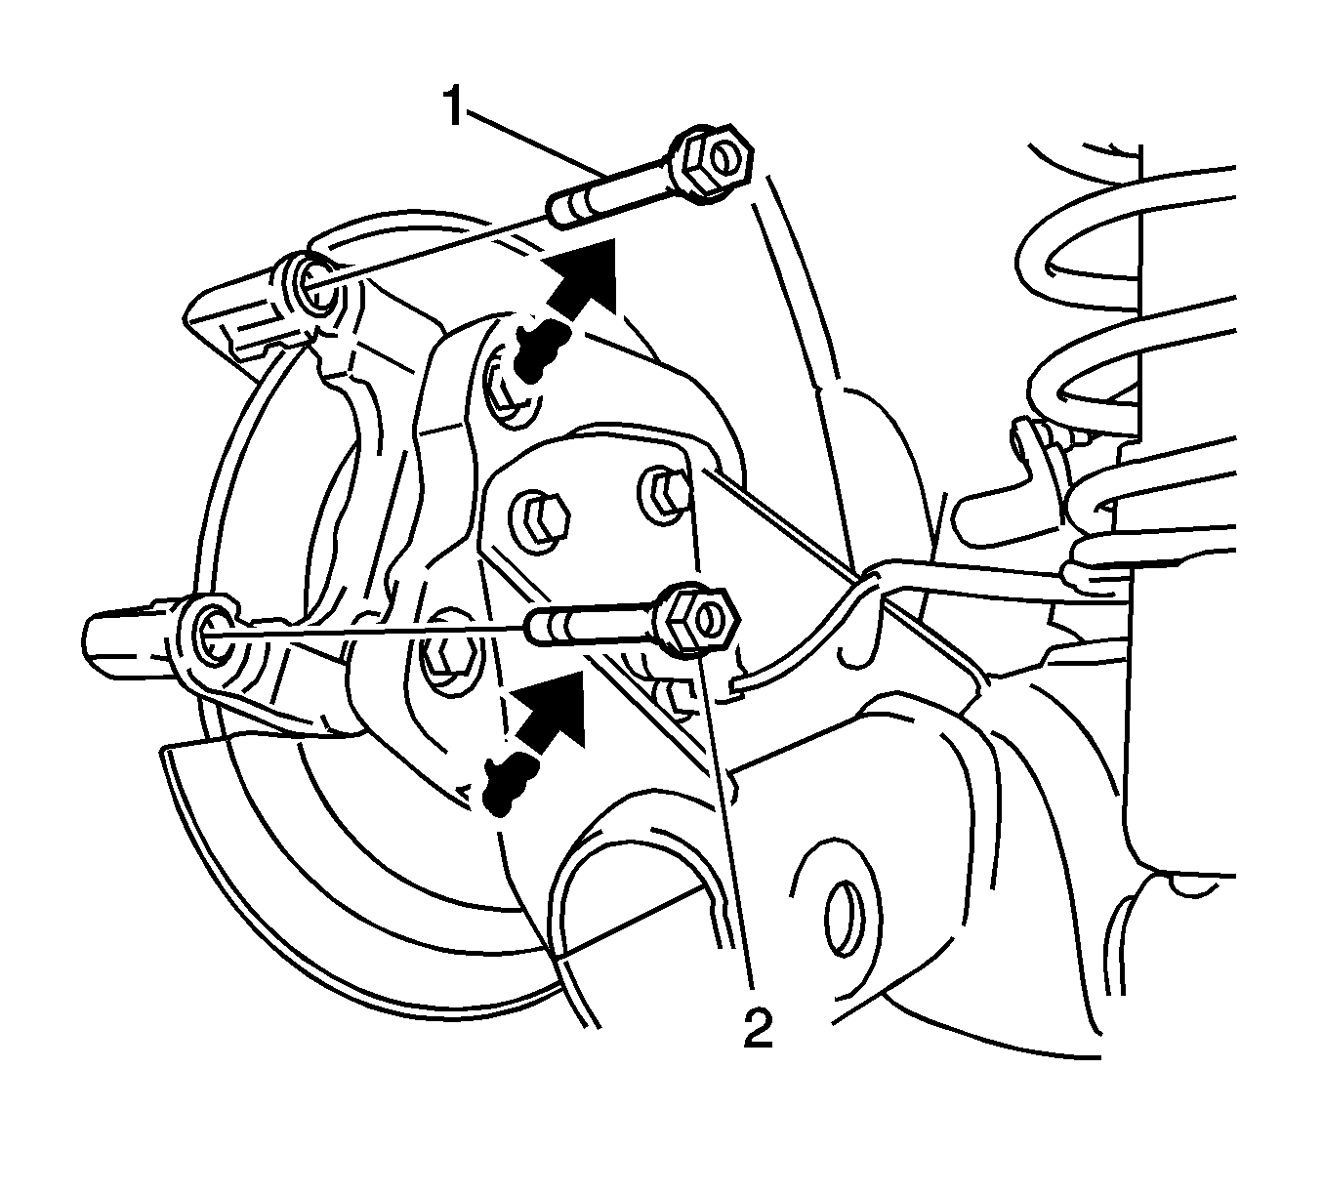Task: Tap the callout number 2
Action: tap(758, 1027)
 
